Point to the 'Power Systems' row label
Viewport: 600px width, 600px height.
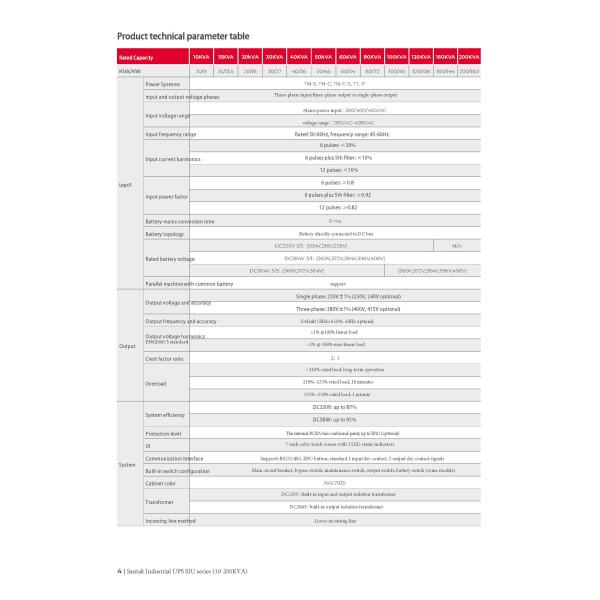click(164, 84)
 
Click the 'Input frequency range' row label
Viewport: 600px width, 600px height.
click(171, 134)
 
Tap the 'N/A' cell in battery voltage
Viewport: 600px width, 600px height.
click(457, 245)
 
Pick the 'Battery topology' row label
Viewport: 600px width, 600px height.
click(166, 233)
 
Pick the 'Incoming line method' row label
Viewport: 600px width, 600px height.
click(171, 522)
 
